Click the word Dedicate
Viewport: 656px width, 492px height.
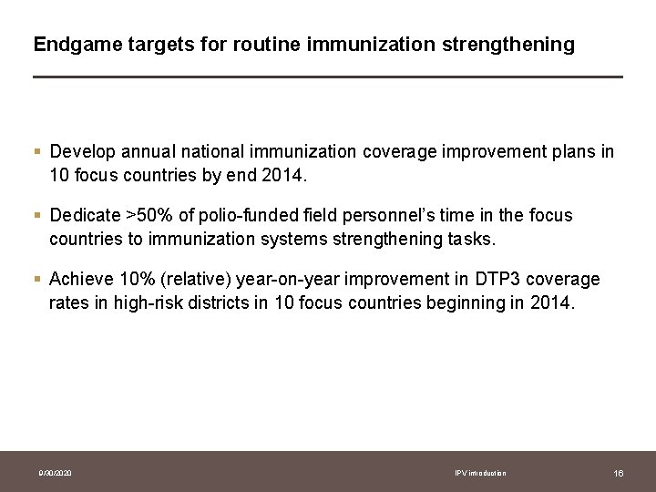point(85,215)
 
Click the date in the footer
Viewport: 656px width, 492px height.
point(56,473)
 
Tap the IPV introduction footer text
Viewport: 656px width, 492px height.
point(480,473)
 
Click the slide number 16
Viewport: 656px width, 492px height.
point(618,473)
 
